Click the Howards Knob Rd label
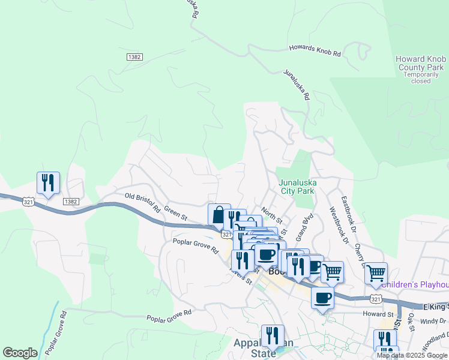[x=315, y=50]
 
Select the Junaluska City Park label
[x=297, y=187]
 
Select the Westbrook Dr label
[x=339, y=226]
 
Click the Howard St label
[x=377, y=314]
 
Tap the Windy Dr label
[x=429, y=322]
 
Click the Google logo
[x=20, y=353]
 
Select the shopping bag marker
[x=219, y=214]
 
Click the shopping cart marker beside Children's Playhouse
[x=376, y=273]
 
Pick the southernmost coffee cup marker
[x=322, y=297]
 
